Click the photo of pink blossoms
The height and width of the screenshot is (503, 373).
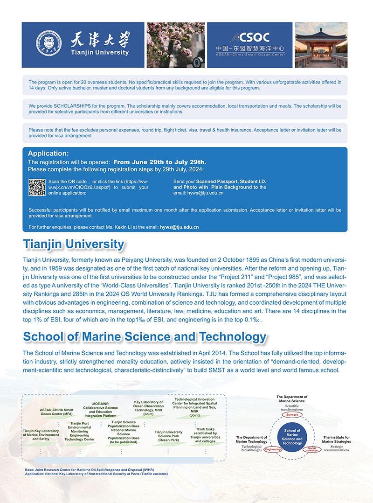(175, 45)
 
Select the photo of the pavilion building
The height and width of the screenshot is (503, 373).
(321, 45)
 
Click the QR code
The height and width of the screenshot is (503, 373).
(37, 187)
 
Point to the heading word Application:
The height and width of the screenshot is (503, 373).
(48, 154)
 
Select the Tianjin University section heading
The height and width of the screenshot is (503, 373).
(74, 244)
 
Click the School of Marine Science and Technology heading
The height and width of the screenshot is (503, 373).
(145, 336)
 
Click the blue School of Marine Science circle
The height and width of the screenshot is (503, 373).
(292, 437)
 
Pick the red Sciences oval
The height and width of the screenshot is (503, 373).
(292, 414)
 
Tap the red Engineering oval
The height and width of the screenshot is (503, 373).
(272, 450)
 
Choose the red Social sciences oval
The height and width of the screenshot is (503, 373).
(312, 450)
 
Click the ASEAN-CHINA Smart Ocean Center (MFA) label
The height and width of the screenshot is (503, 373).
(56, 412)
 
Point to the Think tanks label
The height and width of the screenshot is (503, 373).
(205, 435)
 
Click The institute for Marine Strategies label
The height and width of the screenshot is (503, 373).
(336, 440)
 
